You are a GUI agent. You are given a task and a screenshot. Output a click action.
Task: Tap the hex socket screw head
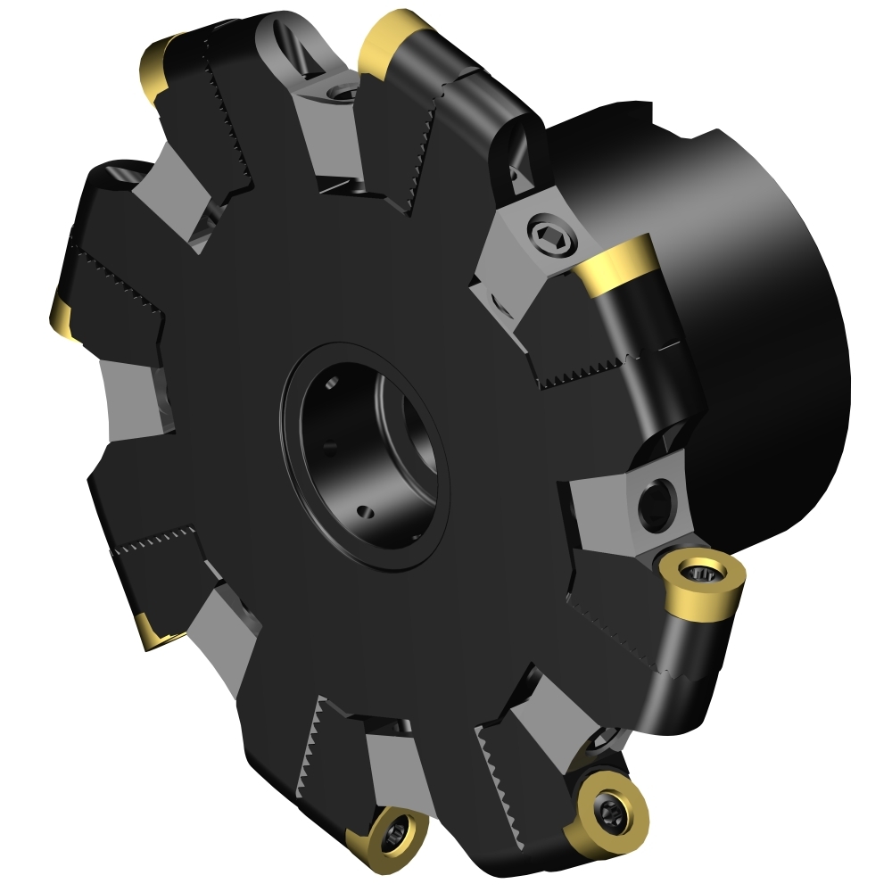(545, 233)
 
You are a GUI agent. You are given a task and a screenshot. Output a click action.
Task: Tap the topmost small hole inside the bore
(331, 384)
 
